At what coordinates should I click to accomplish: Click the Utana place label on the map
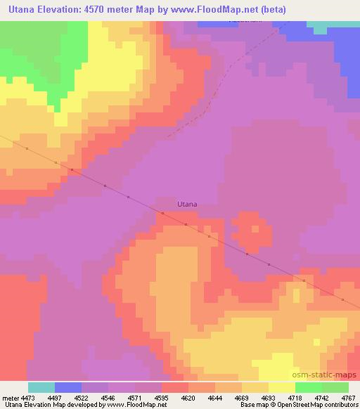[x=186, y=204]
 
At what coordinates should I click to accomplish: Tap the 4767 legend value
[x=349, y=398]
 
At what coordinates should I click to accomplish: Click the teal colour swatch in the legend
[x=41, y=387]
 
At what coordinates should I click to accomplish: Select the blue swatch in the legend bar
[x=68, y=387]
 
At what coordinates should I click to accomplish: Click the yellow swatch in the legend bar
[x=282, y=387]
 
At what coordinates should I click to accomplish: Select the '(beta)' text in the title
[x=254, y=11]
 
